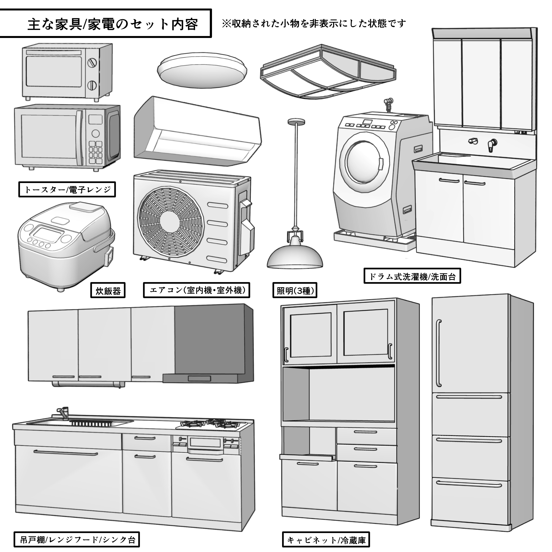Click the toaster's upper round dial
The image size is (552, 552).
coord(92,63)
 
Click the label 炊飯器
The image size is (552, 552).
coord(108,291)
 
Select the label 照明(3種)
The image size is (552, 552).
coord(295,291)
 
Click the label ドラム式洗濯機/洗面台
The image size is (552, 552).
coord(412,276)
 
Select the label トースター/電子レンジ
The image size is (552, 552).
coord(67,189)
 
